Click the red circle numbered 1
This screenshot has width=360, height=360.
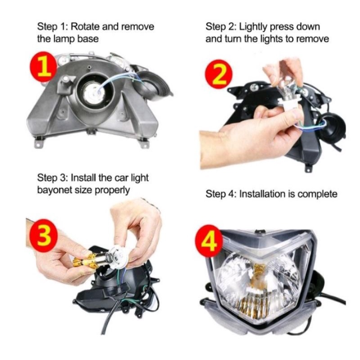click(44, 67)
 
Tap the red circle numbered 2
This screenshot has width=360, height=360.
click(219, 74)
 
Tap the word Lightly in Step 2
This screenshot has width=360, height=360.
click(253, 27)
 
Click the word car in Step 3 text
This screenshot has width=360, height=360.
click(121, 178)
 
